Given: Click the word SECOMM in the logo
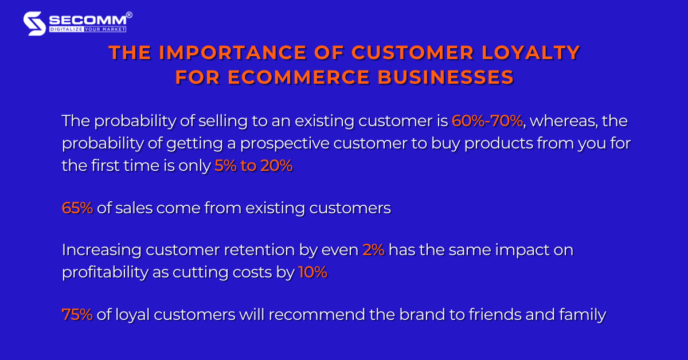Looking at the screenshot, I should pos(86,19).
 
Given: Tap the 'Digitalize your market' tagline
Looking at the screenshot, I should pos(87,29).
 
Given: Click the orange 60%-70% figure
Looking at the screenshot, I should pos(487,122).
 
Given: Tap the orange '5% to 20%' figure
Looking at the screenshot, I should pos(253,166).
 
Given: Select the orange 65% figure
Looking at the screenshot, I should pos(77,208).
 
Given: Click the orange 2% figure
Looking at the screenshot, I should pos(373,251).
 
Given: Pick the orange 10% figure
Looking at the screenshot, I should pos(312,272).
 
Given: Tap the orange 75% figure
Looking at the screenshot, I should pos(77,315).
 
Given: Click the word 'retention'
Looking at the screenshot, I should pos(269,251).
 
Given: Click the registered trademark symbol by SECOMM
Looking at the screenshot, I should pos(129,14).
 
